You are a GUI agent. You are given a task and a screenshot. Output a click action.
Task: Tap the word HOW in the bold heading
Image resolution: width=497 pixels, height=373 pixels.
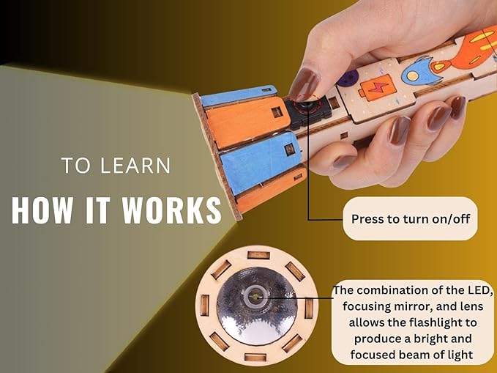coord(40,210)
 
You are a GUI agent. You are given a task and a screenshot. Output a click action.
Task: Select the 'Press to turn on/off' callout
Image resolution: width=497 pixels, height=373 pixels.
coord(409,218)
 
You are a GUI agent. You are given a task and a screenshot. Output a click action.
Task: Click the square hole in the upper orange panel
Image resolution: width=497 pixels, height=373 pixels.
coord(276,112)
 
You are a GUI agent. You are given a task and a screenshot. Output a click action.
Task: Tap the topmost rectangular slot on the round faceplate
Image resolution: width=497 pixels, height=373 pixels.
coord(258,254)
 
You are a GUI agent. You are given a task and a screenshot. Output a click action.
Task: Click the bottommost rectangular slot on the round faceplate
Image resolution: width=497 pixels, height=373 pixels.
coord(254,357)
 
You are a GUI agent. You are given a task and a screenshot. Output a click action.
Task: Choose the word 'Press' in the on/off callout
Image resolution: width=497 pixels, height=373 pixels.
coord(368,218)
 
